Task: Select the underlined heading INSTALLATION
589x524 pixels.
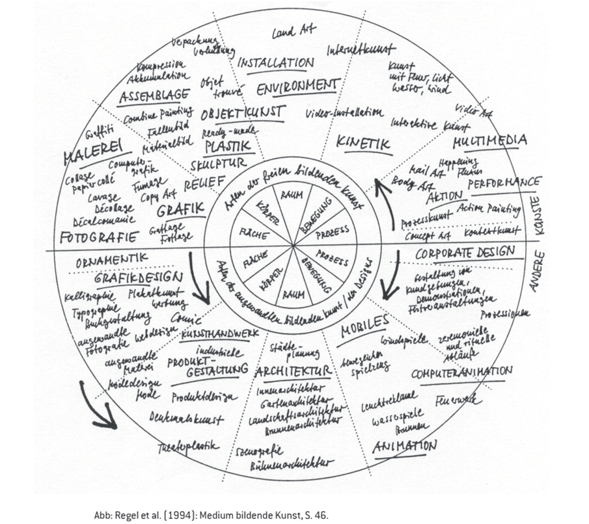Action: tap(276, 63)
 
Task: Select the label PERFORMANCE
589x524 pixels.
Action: tap(504, 185)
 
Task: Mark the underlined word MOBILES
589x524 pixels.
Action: tap(364, 322)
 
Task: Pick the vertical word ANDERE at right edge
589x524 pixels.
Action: tap(536, 270)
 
